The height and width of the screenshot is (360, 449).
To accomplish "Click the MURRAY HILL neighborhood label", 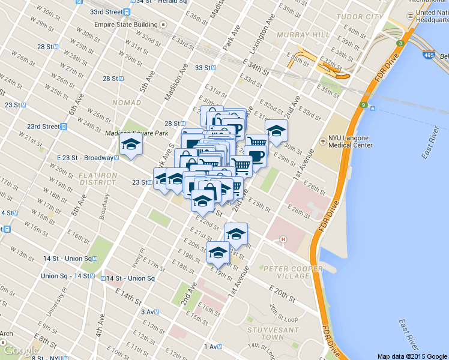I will tap(303, 35).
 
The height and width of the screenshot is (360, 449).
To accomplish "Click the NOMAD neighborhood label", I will tap(126, 103).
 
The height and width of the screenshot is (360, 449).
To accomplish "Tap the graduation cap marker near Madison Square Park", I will tap(131, 144).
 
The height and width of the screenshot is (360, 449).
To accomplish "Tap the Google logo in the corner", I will tap(21, 350).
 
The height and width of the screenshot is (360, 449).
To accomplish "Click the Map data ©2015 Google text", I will tap(412, 356).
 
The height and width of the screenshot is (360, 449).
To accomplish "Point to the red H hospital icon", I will tap(283, 239).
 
